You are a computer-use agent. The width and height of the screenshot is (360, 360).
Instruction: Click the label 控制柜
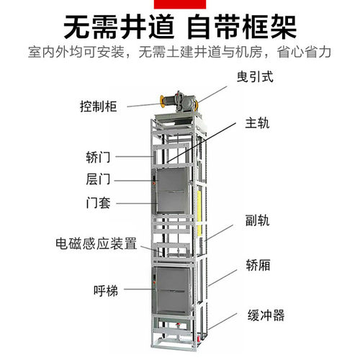pyautogui.click(x=98, y=107)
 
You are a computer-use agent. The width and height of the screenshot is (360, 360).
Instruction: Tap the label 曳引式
pyautogui.click(x=255, y=77)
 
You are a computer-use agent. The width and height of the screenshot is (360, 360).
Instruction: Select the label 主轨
pyautogui.click(x=257, y=123)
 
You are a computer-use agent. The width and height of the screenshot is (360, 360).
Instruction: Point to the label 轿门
pyautogui.click(x=98, y=157)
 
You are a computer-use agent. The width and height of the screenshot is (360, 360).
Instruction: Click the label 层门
pyautogui.click(x=98, y=179)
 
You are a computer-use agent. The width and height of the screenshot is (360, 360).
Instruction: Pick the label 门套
pyautogui.click(x=98, y=203)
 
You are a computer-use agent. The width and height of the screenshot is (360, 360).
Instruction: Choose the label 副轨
pyautogui.click(x=257, y=220)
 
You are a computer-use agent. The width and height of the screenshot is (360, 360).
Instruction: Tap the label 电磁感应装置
pyautogui.click(x=96, y=243)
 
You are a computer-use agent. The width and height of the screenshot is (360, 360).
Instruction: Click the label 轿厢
pyautogui.click(x=258, y=265)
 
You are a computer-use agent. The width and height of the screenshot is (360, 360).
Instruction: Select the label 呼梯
pyautogui.click(x=106, y=291)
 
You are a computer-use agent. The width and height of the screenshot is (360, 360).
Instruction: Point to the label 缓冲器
pyautogui.click(x=266, y=315)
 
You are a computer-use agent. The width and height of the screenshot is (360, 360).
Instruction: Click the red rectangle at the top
pyautogui.click(x=180, y=4)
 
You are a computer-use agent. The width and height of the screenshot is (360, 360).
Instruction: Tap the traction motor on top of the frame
pyautogui.click(x=179, y=102)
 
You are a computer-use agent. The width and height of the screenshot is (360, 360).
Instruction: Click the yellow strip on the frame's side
pyautogui.click(x=199, y=213)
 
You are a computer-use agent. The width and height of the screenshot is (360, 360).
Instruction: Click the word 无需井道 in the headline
pyautogui.click(x=119, y=27)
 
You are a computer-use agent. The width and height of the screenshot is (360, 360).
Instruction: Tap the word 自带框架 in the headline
pyautogui.click(x=242, y=27)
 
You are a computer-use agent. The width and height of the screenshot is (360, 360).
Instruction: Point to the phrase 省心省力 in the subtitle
pyautogui.click(x=304, y=52)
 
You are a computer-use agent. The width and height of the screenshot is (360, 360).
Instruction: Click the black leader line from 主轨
pyautogui.click(x=201, y=143)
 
